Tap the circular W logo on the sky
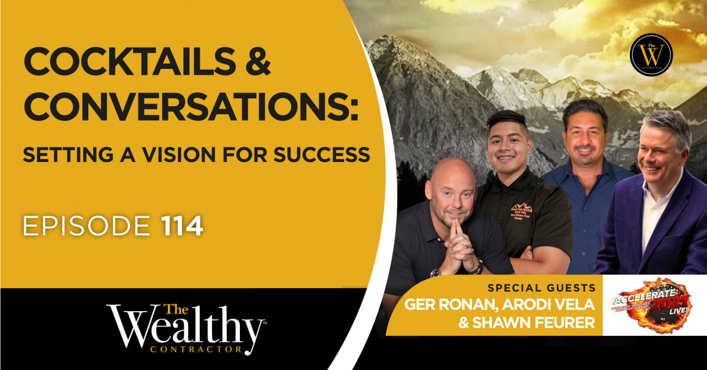click(650, 55)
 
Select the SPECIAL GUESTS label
click(540, 289)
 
